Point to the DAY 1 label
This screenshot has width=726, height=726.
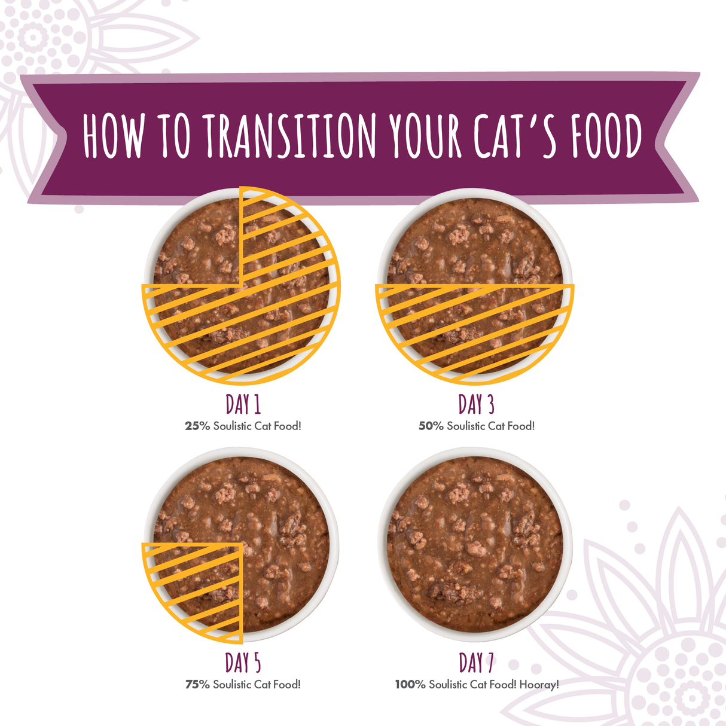[243, 404]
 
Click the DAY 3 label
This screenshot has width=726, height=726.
[476, 404]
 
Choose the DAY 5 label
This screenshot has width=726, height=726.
[243, 663]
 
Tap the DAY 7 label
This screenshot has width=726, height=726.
[476, 663]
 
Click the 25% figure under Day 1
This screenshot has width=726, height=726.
[197, 426]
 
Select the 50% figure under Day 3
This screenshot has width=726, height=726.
[431, 426]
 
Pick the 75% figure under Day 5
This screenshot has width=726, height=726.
[197, 685]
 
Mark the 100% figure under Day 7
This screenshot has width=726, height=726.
[410, 685]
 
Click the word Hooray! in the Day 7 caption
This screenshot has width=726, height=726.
[539, 685]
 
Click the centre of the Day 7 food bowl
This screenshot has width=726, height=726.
[475, 544]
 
